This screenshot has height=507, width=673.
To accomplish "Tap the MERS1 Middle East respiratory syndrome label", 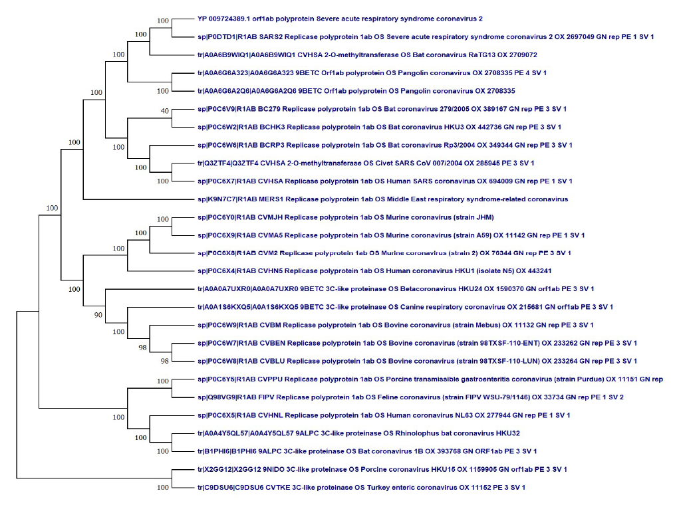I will (382, 199).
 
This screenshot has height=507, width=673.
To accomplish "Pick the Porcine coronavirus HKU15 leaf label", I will (382, 469).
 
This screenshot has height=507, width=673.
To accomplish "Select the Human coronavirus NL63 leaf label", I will (384, 415).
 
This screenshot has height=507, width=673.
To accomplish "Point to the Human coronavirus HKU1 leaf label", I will (374, 270).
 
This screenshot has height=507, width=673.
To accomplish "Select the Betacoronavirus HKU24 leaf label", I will (396, 288).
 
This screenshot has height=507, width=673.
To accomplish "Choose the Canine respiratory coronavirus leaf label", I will (405, 306).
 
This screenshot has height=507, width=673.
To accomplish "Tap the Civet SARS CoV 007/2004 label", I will (366, 163).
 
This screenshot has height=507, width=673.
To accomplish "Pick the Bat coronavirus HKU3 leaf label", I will (379, 126).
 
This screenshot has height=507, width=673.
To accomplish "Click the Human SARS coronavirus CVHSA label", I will (384, 181).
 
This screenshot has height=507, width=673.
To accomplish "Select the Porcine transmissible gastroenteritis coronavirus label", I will (430, 379).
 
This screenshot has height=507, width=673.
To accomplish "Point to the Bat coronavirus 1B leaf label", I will (366, 451).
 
